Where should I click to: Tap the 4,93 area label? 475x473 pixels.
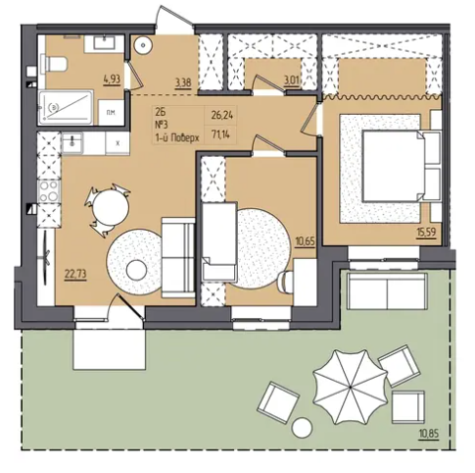(113, 79)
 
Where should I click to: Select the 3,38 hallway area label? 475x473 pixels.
(183, 82)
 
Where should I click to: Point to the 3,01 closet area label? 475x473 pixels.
(292, 80)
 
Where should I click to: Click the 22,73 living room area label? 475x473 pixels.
(75, 274)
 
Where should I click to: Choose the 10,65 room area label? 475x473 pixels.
(306, 242)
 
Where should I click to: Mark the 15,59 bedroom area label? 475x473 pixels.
(426, 233)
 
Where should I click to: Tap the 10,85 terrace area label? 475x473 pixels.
(429, 434)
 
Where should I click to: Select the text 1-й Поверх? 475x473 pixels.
(177, 137)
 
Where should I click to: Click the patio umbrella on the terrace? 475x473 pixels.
(350, 387)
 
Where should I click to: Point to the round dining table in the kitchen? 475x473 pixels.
(111, 208)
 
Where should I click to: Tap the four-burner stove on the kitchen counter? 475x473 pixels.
(49, 191)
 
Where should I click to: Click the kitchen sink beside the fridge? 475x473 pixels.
(72, 142)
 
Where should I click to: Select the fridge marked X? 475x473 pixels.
(118, 142)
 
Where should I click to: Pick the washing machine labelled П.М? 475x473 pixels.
(112, 113)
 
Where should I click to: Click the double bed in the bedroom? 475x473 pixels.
(403, 165)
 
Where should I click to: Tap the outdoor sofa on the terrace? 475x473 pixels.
(387, 291)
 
